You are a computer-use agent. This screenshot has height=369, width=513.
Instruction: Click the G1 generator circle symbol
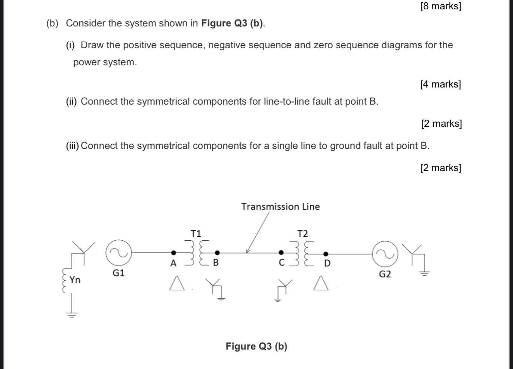119,253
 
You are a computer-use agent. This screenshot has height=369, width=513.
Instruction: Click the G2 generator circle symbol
385,254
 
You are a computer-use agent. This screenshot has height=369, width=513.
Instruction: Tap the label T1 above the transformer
196,233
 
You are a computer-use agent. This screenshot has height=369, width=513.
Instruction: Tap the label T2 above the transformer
302,234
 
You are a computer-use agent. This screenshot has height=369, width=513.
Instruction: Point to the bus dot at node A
174,252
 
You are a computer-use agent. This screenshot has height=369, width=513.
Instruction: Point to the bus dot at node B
217,252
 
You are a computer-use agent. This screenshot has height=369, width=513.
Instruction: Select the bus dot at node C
281,252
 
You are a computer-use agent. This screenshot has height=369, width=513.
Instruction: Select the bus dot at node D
325,252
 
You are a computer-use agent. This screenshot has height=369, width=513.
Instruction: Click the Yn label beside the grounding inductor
75,280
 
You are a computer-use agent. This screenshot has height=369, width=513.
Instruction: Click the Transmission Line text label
280,206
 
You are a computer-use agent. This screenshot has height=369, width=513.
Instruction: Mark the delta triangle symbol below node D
321,283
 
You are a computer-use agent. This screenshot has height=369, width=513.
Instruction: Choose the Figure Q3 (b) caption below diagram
256,346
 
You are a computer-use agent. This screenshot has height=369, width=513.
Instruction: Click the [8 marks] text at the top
440,7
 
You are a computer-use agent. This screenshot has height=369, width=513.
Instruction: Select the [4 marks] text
440,84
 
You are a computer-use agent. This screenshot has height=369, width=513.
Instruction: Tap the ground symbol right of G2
424,274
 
